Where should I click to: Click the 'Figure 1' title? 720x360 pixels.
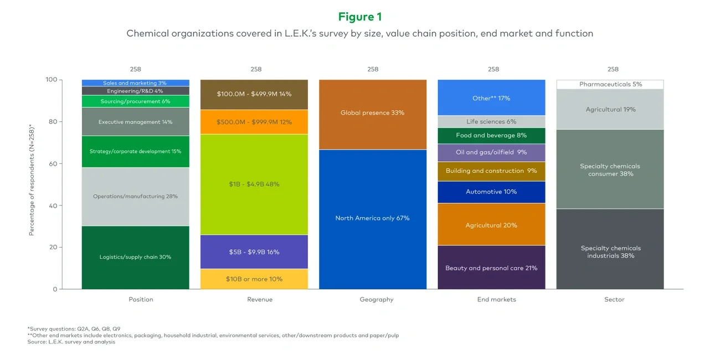pyautogui.click(x=359, y=17)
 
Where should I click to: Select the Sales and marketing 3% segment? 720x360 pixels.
pyautogui.click(x=135, y=83)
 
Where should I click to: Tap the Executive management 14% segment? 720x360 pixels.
pyautogui.click(x=135, y=122)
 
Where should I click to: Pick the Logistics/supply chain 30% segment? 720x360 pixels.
pyautogui.click(x=135, y=258)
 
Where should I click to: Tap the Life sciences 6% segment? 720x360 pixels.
pyautogui.click(x=491, y=122)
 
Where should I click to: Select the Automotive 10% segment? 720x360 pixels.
pyautogui.click(x=491, y=192)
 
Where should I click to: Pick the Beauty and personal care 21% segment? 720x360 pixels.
pyautogui.click(x=491, y=268)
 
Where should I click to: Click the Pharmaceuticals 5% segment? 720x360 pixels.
pyautogui.click(x=610, y=84)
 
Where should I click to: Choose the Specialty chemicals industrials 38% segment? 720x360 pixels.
pyautogui.click(x=610, y=252)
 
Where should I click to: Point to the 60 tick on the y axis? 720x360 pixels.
pyautogui.click(x=54, y=164)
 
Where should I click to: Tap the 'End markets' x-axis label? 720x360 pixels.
pyautogui.click(x=496, y=300)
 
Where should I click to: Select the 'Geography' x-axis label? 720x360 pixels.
pyautogui.click(x=376, y=300)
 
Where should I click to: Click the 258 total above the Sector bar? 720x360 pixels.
pyautogui.click(x=613, y=69)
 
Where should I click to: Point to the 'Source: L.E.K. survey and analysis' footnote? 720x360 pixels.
pyautogui.click(x=71, y=342)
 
